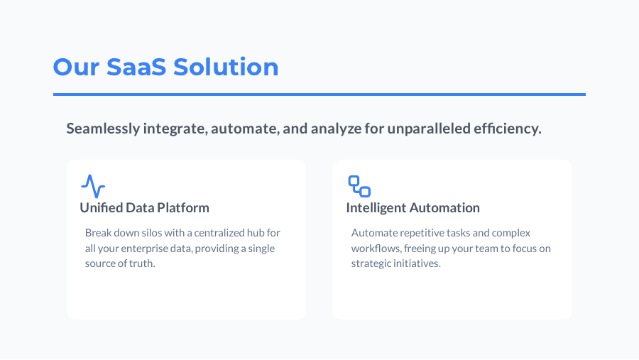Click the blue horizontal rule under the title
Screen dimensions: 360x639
(319, 94)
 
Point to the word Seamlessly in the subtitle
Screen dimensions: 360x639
(102, 129)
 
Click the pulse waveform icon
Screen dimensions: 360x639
(93, 186)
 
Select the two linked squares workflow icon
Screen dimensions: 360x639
(359, 186)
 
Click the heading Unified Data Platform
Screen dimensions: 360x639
(144, 208)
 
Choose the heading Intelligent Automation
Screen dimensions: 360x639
(413, 208)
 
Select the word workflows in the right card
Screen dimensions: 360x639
(376, 249)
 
